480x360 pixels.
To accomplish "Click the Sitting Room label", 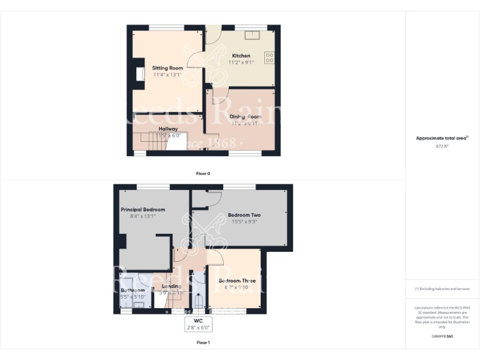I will [x=167, y=67].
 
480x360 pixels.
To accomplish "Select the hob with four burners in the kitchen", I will [x=270, y=57].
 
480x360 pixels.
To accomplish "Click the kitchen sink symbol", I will [x=256, y=34].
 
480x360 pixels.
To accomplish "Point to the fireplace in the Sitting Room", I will [x=139, y=73].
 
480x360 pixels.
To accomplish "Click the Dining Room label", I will [x=245, y=117].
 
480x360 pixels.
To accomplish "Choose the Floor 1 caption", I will [x=203, y=342].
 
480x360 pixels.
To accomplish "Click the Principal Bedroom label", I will [x=143, y=209].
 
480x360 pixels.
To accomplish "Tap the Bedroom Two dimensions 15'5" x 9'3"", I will [x=244, y=222].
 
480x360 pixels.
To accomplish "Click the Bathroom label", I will [x=132, y=291].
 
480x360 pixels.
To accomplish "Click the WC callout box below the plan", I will [x=198, y=324].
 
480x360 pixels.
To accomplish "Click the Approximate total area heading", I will [x=442, y=138].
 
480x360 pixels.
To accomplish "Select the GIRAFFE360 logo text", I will [x=442, y=337].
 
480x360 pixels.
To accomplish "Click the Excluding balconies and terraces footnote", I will [x=442, y=289].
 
